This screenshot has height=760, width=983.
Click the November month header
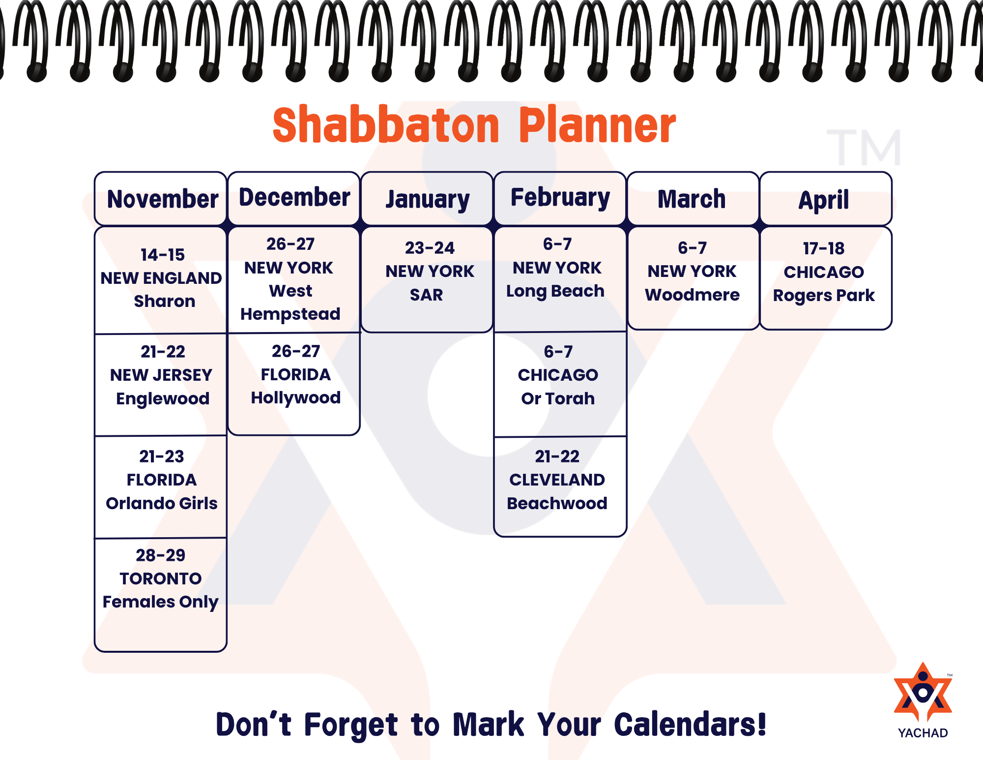click(163, 199)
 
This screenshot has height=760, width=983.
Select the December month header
click(294, 197)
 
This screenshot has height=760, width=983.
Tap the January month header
click(428, 200)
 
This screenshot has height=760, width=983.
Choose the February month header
click(560, 198)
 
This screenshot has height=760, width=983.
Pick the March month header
click(692, 199)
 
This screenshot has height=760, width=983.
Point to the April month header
click(824, 200)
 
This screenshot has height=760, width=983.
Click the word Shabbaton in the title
click(386, 125)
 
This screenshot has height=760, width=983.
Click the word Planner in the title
click(598, 125)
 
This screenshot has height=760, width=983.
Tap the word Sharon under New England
click(165, 301)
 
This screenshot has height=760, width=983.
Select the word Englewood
click(163, 399)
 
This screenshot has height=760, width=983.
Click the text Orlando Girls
click(162, 503)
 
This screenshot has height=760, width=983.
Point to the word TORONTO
click(161, 578)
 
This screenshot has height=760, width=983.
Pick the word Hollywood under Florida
click(296, 398)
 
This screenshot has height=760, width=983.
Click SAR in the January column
click(427, 295)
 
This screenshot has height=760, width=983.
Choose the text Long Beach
click(555, 291)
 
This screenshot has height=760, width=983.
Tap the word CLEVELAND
click(557, 480)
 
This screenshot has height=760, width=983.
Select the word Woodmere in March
click(693, 295)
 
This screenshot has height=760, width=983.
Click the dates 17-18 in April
click(824, 248)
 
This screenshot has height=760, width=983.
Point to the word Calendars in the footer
click(690, 725)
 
